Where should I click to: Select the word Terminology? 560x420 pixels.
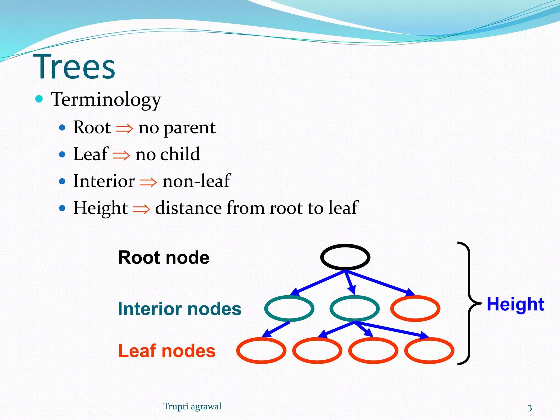pyautogui.click(x=106, y=99)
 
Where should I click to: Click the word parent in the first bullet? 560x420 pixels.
pyautogui.click(x=189, y=128)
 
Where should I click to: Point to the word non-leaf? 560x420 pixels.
pyautogui.click(x=196, y=181)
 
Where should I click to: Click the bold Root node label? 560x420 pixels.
pyautogui.click(x=164, y=258)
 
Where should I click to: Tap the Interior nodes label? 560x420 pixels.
pyautogui.click(x=179, y=309)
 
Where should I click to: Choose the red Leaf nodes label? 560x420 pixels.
pyautogui.click(x=167, y=351)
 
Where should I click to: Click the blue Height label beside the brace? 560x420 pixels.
pyautogui.click(x=515, y=304)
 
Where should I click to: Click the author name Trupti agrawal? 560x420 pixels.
pyautogui.click(x=192, y=407)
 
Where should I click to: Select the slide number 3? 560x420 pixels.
pyautogui.click(x=530, y=408)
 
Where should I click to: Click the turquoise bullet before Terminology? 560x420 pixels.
pyautogui.click(x=39, y=99)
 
